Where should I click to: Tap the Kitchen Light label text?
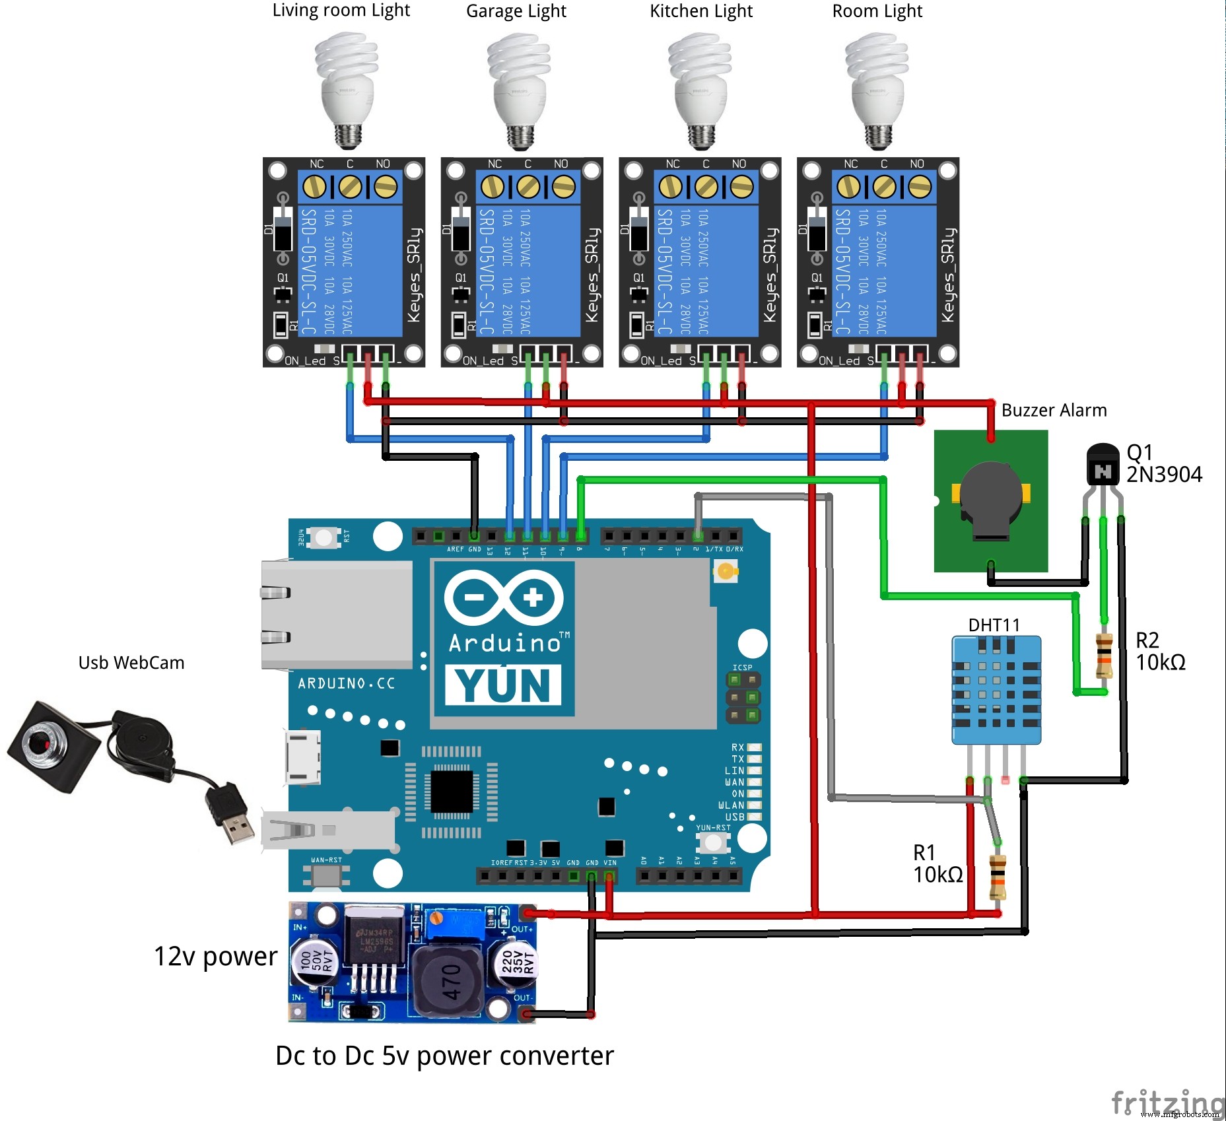(x=700, y=11)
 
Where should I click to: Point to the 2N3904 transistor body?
(x=1103, y=466)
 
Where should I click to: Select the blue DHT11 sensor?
(x=996, y=690)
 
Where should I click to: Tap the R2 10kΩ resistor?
(x=1104, y=655)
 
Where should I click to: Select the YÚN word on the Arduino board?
(x=503, y=685)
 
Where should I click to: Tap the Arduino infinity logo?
(x=504, y=598)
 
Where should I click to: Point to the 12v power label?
(x=215, y=957)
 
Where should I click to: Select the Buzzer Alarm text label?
(x=1054, y=410)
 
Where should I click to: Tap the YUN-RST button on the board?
(x=712, y=842)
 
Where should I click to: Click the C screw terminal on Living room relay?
(x=350, y=187)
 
